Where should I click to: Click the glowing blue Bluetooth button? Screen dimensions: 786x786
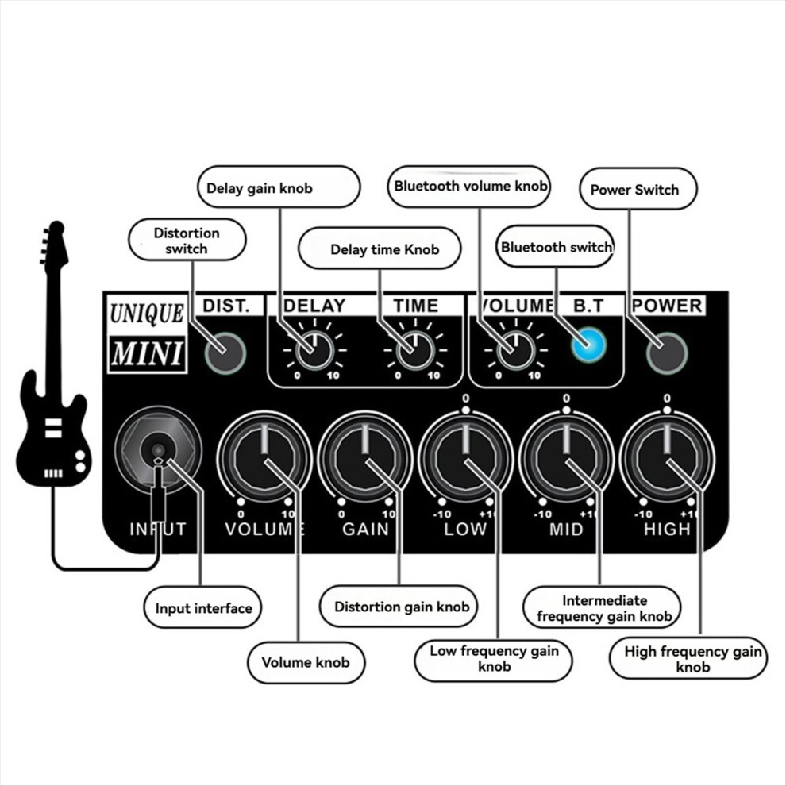pos(588,345)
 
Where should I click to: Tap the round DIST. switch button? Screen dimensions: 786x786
pos(225,353)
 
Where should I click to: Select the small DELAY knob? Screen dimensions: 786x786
pos(314,349)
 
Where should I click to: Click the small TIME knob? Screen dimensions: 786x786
pos(415,349)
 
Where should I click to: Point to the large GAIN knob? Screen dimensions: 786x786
pos(365,457)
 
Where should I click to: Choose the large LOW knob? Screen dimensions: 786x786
pos(466,457)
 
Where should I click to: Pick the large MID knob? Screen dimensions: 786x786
pos(566,457)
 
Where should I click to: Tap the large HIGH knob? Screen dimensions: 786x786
pos(667,457)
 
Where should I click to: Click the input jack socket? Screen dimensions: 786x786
pos(158,451)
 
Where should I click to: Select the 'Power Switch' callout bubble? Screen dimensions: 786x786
pos(638,189)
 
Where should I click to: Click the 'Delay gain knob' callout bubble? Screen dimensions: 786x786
pos(279,187)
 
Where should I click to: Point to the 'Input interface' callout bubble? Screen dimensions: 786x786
pos(202,607)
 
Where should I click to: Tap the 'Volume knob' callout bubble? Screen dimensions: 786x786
pos(306,663)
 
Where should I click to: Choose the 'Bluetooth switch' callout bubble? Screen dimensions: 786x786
pos(556,246)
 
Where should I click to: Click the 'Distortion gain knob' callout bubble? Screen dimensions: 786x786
pos(399,607)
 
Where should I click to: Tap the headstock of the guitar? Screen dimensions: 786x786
pos(54,245)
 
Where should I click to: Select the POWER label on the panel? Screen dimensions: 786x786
pos(668,306)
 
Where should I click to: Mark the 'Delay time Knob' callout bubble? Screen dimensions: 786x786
pos(380,249)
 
